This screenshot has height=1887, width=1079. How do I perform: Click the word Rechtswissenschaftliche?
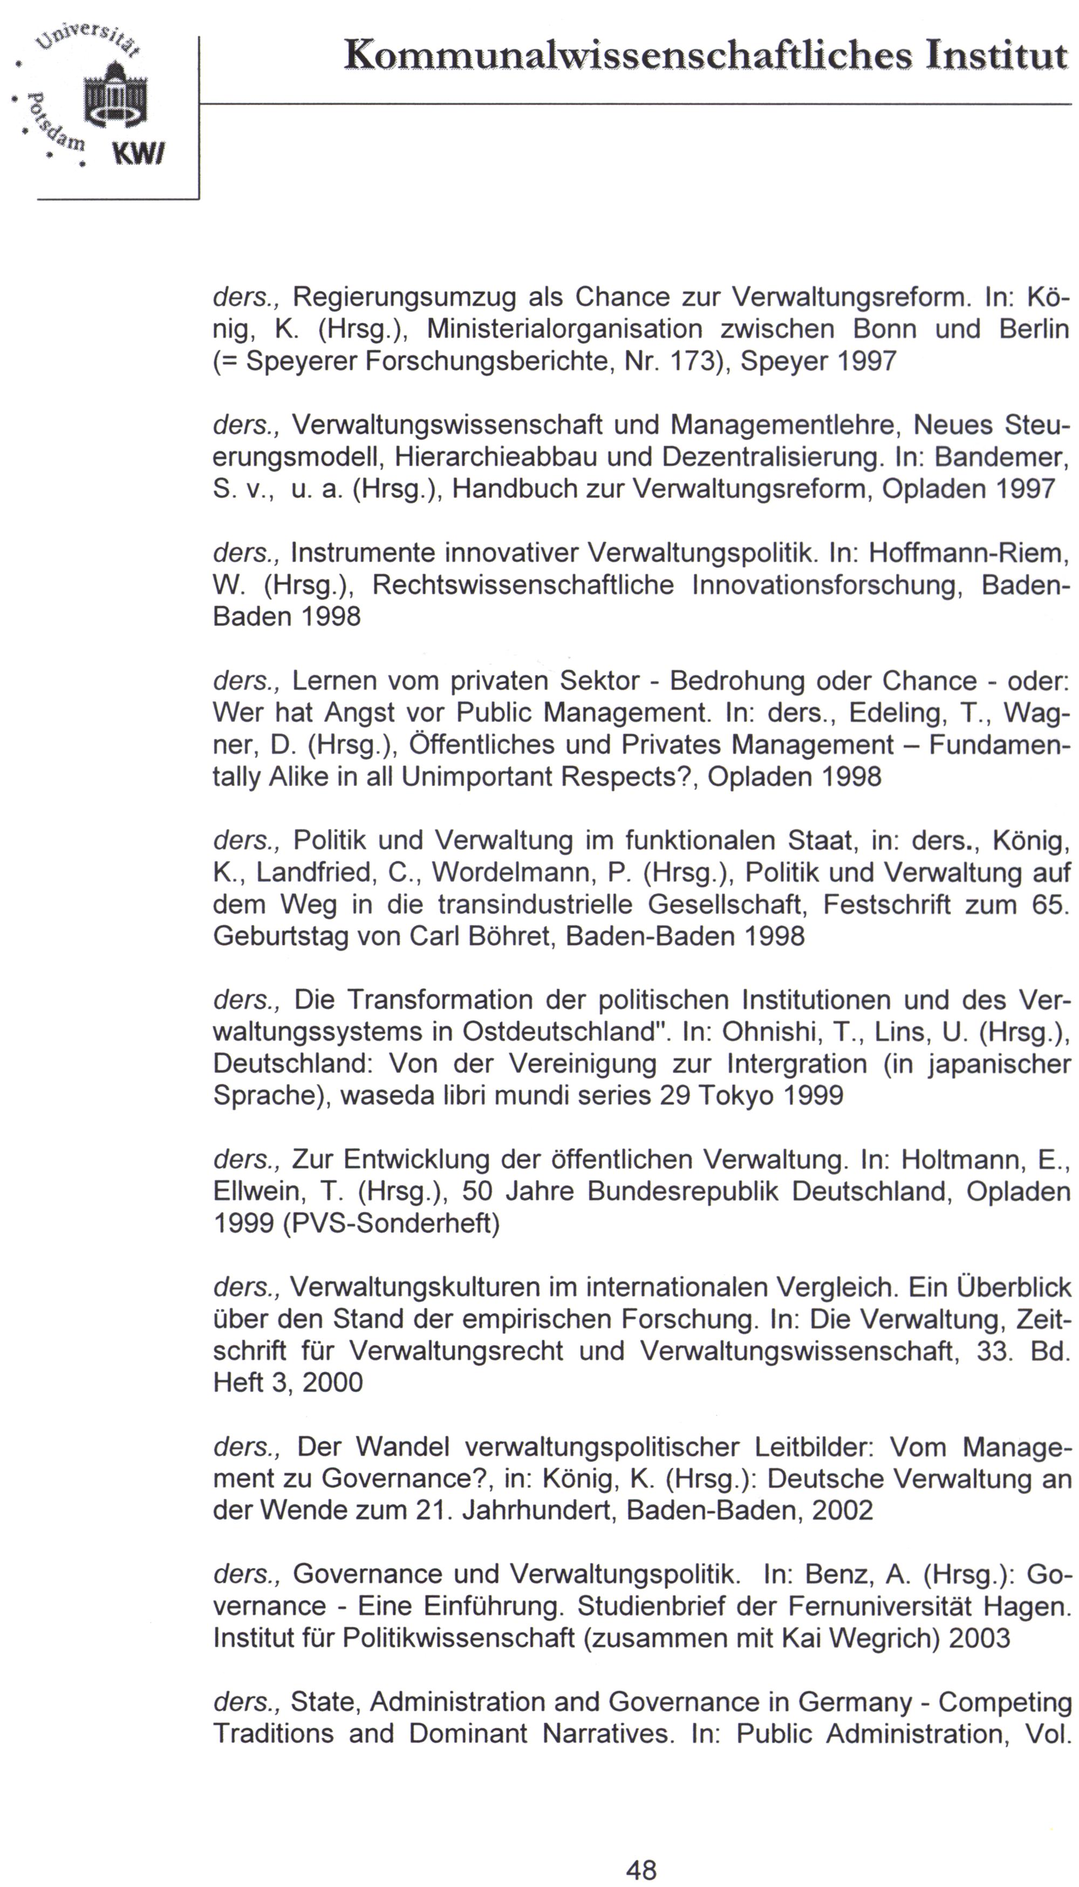point(523,585)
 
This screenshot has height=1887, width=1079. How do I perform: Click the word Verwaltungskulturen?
point(415,1287)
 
